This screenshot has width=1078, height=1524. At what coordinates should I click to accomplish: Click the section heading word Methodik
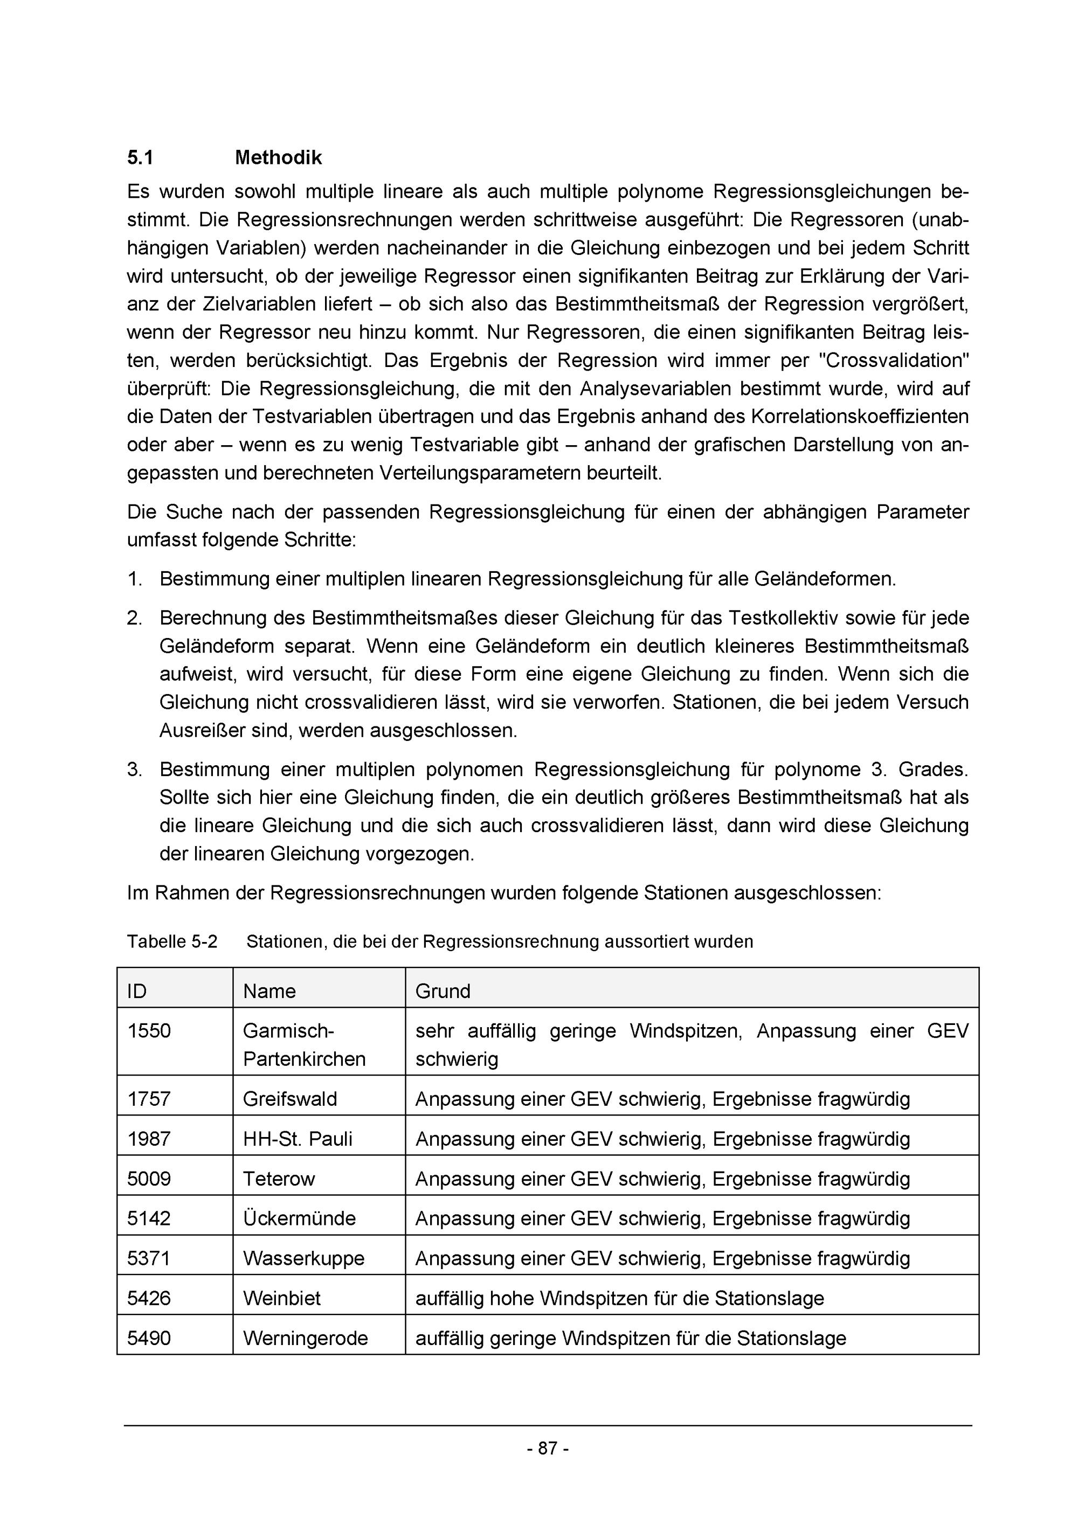[x=278, y=158]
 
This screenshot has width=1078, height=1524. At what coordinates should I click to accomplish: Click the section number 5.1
[x=140, y=158]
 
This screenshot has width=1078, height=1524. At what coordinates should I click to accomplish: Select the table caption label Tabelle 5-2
[x=172, y=941]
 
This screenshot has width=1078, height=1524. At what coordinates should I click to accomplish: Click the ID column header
[x=137, y=991]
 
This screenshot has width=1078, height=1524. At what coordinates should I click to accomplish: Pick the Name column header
[x=269, y=991]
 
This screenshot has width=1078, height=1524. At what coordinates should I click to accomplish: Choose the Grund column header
[x=442, y=991]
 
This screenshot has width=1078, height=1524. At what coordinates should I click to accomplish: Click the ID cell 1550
[x=149, y=1031]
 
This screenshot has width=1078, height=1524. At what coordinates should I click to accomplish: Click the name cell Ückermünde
[x=299, y=1218]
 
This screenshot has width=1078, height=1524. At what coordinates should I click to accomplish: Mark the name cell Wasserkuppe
[x=303, y=1258]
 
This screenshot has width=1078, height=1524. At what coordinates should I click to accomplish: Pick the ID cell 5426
[x=149, y=1298]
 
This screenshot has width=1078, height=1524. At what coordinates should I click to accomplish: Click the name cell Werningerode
[x=305, y=1338]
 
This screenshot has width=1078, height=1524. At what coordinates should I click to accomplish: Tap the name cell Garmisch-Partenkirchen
[x=304, y=1045]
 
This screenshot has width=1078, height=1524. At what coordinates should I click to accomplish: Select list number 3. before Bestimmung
[x=134, y=770]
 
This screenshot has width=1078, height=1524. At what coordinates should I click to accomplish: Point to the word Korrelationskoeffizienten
[x=860, y=417]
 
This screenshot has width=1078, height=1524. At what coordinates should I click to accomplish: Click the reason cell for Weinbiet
[x=619, y=1298]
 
